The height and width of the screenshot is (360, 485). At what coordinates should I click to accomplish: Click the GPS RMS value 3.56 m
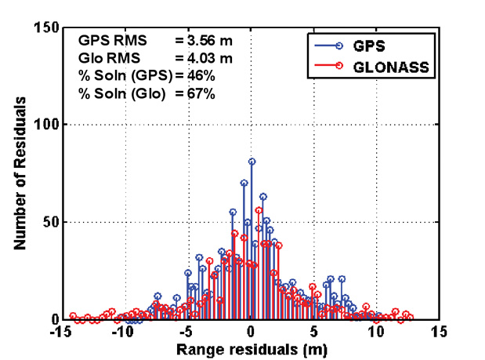click(x=201, y=38)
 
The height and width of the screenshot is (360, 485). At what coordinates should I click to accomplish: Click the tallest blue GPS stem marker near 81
click(x=252, y=162)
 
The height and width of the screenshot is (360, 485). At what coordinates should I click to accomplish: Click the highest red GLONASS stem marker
click(x=259, y=210)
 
